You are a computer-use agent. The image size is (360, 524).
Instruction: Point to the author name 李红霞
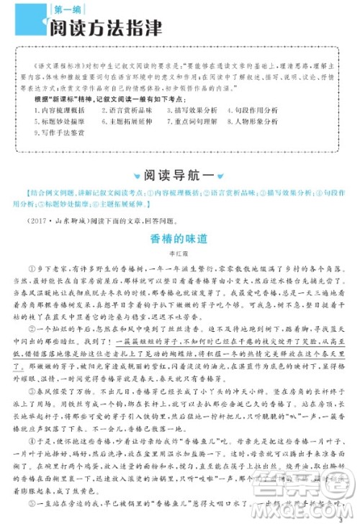coord(180,253)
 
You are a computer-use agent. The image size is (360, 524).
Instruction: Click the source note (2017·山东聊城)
coord(55,220)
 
